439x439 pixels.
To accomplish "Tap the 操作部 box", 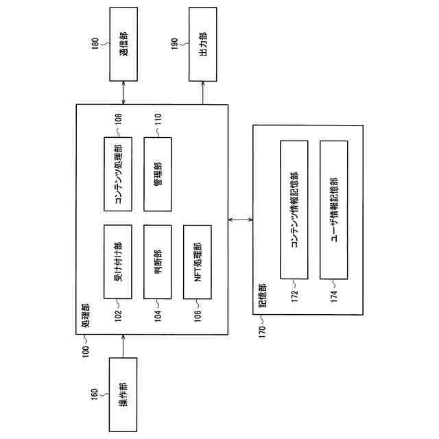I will point(123,394).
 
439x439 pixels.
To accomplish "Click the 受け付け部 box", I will point(117,261).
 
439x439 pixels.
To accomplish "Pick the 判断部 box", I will point(157,261).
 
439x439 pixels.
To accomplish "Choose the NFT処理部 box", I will point(198,261).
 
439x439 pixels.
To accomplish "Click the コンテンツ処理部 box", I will point(117,174).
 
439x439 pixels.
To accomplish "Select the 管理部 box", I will point(157,174).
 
